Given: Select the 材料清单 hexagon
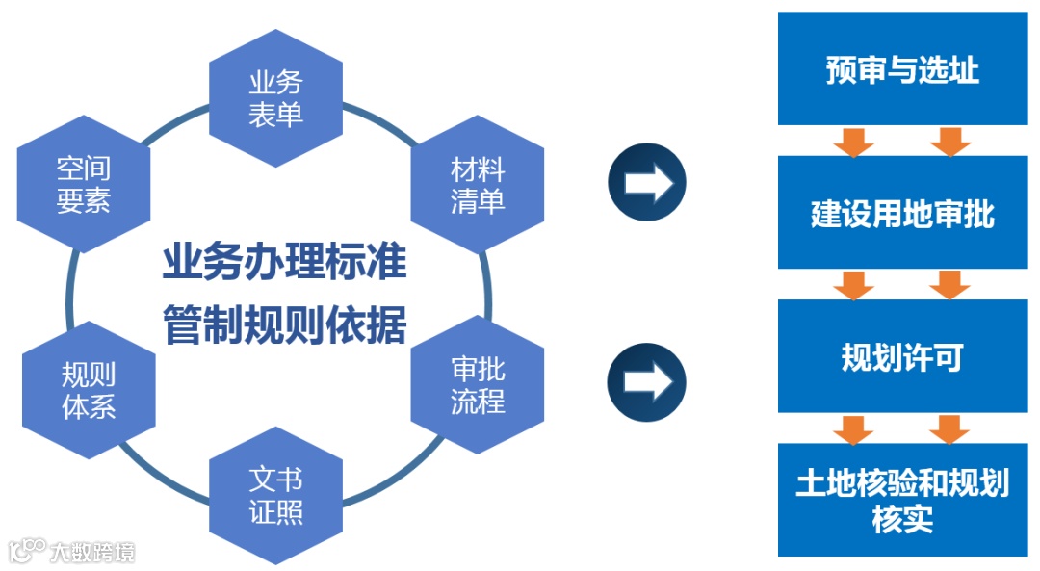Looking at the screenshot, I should point(478,187).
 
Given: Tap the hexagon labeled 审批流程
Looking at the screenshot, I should point(478,385).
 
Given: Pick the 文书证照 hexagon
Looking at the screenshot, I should point(276,495).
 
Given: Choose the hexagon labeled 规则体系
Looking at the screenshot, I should point(89,390).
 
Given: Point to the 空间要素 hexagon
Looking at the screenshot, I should point(84,185).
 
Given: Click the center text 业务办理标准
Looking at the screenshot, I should point(284,263).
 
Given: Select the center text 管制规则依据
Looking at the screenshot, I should point(284,324).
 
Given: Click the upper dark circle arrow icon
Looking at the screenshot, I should point(646,183).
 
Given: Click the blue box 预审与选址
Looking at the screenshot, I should point(902,69).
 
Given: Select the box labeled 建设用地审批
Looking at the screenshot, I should point(902,213).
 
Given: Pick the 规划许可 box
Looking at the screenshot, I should point(902,357).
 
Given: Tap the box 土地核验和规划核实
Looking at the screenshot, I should point(902,500).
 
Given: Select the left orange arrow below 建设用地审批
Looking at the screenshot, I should point(853,284).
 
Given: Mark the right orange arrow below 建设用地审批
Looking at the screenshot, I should point(949,284).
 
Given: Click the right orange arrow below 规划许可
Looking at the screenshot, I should point(949,428).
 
